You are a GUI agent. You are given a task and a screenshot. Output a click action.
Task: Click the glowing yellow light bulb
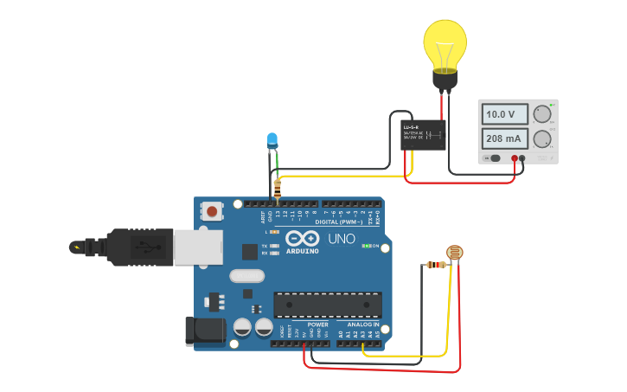point(445,48)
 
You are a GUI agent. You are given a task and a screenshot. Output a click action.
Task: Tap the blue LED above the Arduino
point(272,140)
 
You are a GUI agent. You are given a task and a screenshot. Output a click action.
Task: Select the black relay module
point(423,133)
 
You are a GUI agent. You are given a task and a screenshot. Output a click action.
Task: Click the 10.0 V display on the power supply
point(505,114)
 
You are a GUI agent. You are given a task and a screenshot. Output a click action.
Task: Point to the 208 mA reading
point(505,138)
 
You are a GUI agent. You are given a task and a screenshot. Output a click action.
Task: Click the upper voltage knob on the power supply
point(542,114)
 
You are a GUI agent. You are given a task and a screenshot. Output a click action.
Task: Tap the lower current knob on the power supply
point(542,138)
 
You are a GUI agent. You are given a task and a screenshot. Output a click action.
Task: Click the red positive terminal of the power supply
point(515,158)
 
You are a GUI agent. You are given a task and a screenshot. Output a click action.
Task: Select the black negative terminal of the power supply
point(522,158)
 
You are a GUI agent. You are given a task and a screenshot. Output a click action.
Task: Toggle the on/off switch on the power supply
point(495,158)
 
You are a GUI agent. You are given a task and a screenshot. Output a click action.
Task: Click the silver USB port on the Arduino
point(197,247)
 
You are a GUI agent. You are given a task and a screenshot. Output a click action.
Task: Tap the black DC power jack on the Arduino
point(205,331)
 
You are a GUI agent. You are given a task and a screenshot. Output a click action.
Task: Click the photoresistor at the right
point(453,253)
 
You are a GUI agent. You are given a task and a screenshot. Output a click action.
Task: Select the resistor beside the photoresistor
point(435,265)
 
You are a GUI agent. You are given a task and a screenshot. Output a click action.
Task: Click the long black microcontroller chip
point(327,305)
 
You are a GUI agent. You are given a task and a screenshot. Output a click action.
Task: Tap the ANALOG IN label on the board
point(363,325)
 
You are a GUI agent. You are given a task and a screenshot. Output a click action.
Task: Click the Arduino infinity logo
point(303,238)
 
